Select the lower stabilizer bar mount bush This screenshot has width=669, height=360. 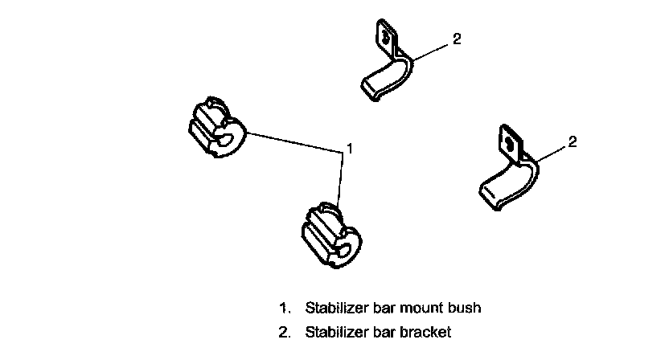pyautogui.click(x=328, y=232)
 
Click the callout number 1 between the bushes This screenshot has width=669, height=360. pyautogui.click(x=350, y=147)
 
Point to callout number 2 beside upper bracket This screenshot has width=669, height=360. pyautogui.click(x=457, y=38)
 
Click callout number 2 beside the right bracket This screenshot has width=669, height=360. pyautogui.click(x=573, y=142)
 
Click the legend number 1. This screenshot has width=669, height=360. pyautogui.click(x=283, y=308)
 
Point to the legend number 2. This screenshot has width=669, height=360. pyautogui.click(x=283, y=331)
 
